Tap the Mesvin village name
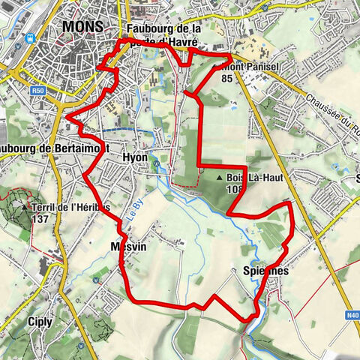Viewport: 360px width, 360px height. point(126,247)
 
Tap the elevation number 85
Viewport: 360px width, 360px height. point(226,77)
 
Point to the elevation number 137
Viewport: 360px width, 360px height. point(40,219)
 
